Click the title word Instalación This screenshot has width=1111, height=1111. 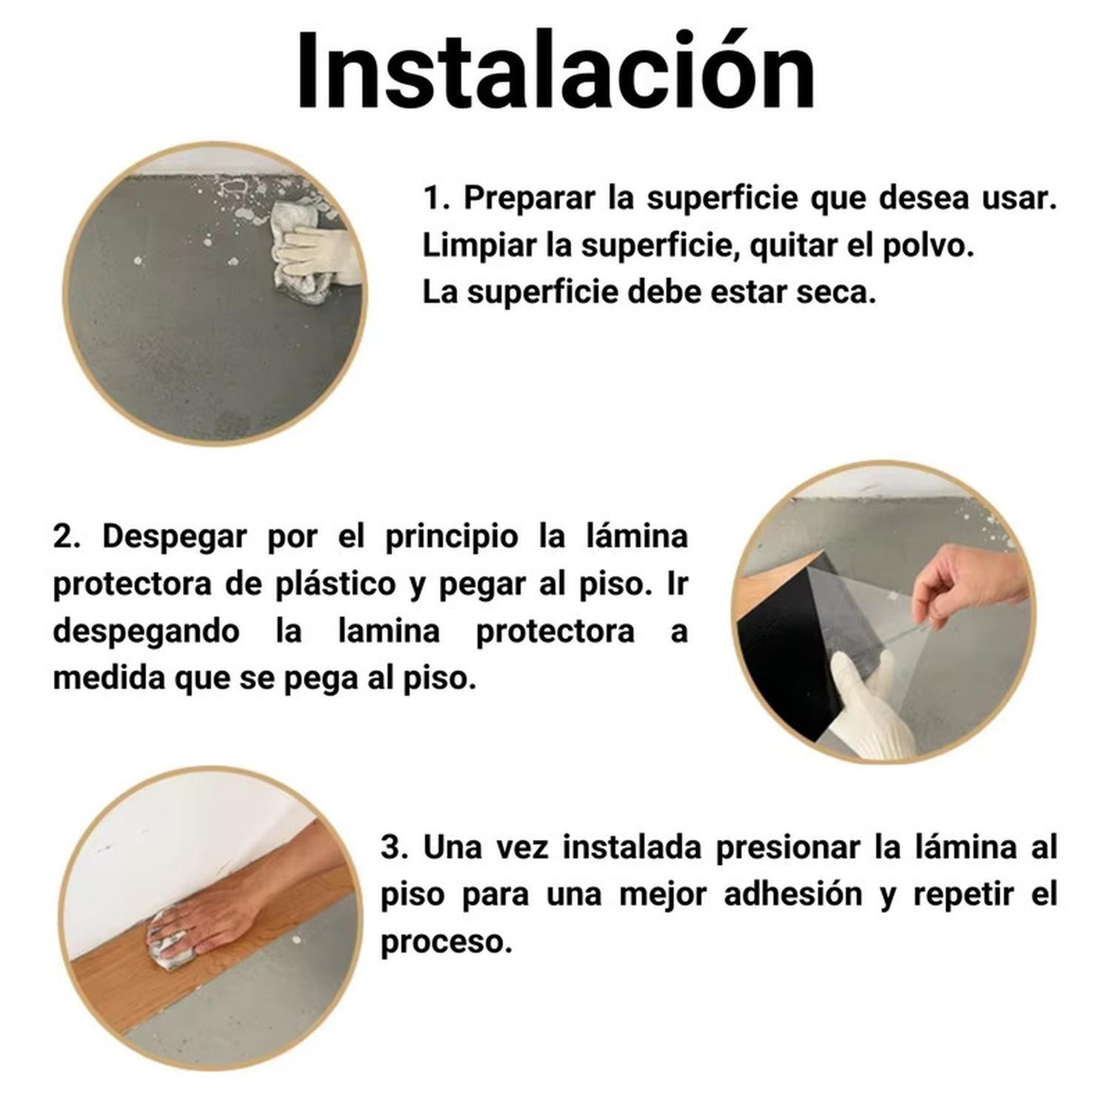[555, 72]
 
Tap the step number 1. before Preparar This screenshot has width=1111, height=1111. [437, 198]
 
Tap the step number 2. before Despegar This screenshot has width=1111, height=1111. [67, 536]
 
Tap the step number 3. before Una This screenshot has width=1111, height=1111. [394, 847]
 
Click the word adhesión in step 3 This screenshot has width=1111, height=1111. [793, 894]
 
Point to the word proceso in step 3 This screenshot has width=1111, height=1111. [446, 941]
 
